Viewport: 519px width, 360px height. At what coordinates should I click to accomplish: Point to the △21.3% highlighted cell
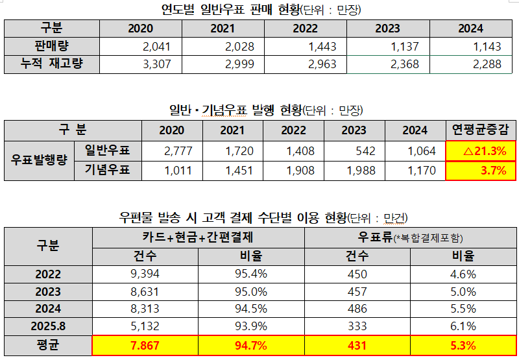pyautogui.click(x=481, y=150)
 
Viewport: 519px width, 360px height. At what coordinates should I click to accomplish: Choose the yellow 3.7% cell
pyautogui.click(x=481, y=171)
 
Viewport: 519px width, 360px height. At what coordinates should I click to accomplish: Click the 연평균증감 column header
pyautogui.click(x=481, y=130)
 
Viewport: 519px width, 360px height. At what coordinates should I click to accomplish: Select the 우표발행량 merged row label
pyautogui.click(x=40, y=160)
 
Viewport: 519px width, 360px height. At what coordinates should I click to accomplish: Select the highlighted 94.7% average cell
pyautogui.click(x=250, y=345)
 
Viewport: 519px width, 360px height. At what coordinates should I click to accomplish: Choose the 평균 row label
pyautogui.click(x=49, y=345)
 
